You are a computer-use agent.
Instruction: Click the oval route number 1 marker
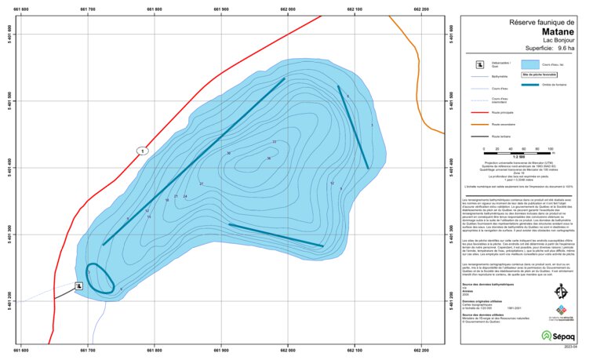click(x=142, y=151)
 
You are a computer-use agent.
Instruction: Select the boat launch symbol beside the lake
click(x=79, y=286)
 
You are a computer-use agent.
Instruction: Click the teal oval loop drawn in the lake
click(x=100, y=278)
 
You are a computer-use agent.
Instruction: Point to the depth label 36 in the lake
click(x=268, y=158)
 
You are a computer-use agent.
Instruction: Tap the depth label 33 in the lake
click(x=274, y=142)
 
